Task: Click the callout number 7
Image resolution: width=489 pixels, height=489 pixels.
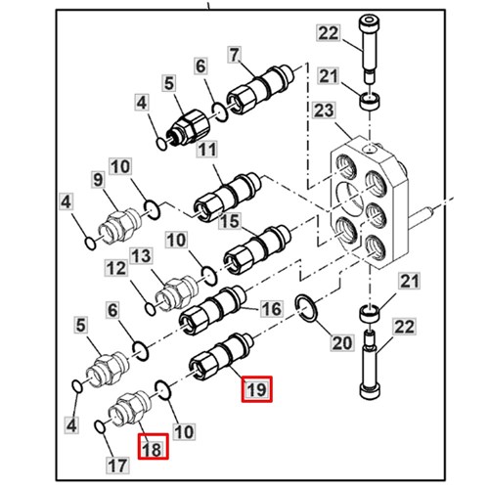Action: pos(235,55)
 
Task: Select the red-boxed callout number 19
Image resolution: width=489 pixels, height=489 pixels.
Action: pos(256,389)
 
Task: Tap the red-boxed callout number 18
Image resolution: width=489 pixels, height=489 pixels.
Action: pos(153,446)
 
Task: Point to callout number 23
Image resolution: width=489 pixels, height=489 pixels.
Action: pos(324,111)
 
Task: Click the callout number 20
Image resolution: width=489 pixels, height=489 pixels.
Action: pos(342,342)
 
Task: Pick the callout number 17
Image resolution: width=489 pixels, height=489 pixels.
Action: pos(117,466)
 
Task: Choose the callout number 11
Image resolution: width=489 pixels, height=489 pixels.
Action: pos(207,150)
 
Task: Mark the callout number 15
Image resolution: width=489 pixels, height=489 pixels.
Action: pos(230,221)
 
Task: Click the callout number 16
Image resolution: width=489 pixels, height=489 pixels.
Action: pos(271,308)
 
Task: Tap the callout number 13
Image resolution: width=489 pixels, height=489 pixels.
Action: pos(141,256)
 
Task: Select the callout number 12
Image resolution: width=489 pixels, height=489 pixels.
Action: pos(115,268)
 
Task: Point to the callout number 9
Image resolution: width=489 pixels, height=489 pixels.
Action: pos(98,180)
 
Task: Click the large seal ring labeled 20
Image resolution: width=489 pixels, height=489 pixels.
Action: pos(305,308)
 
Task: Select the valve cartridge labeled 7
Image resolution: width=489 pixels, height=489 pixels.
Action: pos(260,89)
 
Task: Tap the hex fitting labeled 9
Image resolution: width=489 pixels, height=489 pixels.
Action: pos(120,225)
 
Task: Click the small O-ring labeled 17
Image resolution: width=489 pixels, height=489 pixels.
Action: pos(100,427)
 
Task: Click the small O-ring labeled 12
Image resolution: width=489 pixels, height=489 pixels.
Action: pos(151,309)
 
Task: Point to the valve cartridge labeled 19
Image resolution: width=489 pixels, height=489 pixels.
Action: pos(222,357)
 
